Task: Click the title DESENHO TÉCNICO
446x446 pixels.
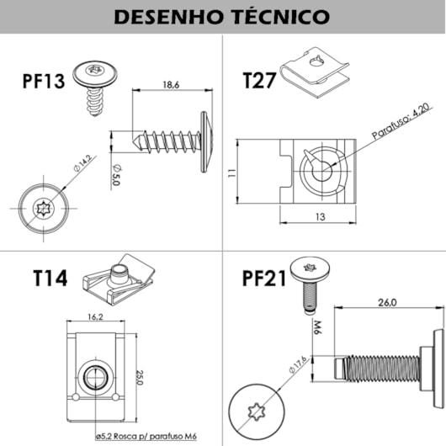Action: click(x=222, y=17)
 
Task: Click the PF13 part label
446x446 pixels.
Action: click(x=45, y=82)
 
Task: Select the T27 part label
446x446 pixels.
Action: click(x=260, y=81)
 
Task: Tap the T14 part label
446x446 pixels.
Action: click(x=51, y=278)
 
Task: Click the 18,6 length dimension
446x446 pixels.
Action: click(x=171, y=85)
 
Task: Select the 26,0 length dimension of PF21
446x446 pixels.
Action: click(x=388, y=303)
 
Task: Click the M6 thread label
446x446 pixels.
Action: click(x=319, y=327)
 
